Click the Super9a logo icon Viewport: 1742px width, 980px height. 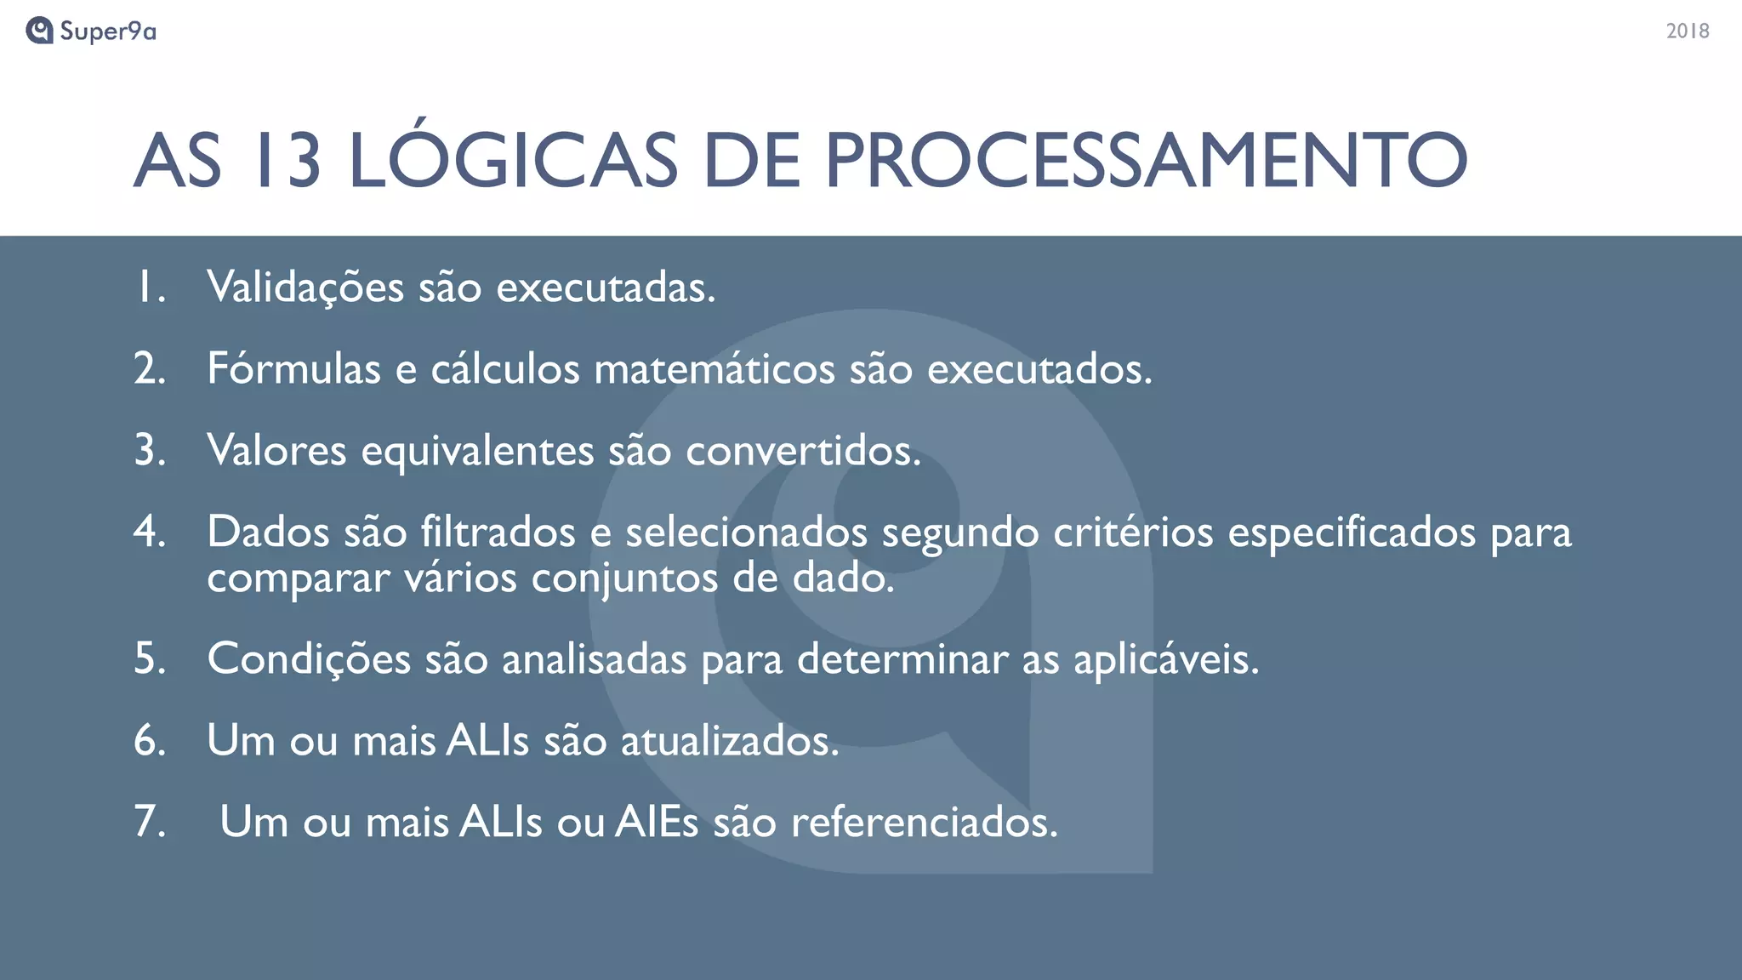point(39,31)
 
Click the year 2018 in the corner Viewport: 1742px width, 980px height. point(1688,31)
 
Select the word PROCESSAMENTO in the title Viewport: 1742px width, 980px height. point(1146,161)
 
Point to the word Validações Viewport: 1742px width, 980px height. point(305,288)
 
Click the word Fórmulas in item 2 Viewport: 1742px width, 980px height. point(293,369)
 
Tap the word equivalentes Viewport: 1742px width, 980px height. point(477,451)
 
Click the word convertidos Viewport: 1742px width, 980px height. point(803,451)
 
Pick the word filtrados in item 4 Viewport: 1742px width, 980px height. point(498,533)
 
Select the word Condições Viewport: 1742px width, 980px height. point(309,659)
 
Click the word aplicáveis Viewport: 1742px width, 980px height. point(1165,659)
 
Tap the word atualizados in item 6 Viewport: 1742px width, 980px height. point(730,741)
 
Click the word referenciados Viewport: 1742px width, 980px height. point(925,823)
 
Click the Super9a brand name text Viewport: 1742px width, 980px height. point(108,31)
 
